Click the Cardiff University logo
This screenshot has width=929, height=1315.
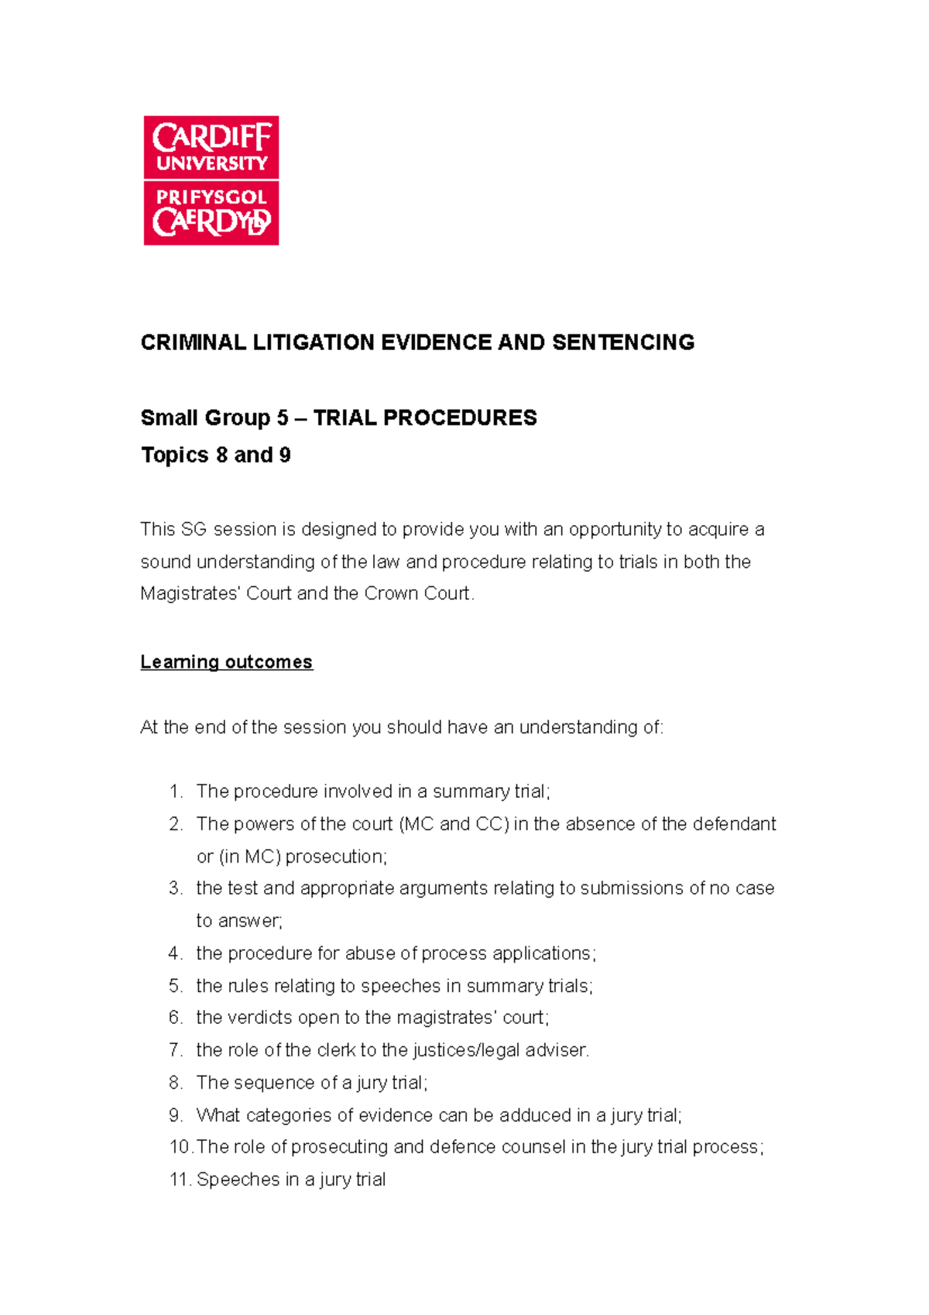(x=211, y=180)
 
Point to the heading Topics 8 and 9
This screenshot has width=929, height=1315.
(x=215, y=455)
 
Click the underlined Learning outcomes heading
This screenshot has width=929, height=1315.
(x=226, y=662)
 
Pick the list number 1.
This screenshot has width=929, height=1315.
(x=176, y=791)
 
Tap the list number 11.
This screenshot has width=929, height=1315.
(x=180, y=1179)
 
